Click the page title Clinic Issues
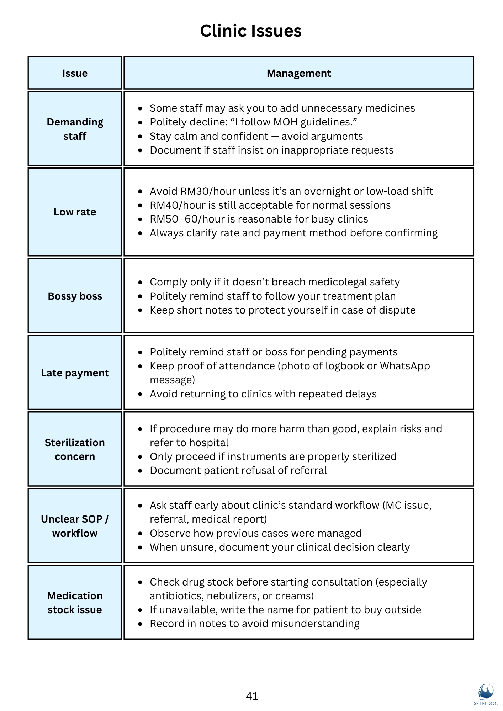[x=251, y=31]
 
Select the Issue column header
[x=75, y=73]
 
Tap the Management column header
[x=298, y=73]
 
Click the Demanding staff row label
[x=75, y=129]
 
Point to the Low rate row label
[x=75, y=212]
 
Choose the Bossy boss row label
[x=75, y=296]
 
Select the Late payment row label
[x=75, y=373]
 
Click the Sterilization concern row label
[x=75, y=449]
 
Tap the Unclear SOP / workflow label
[x=75, y=526]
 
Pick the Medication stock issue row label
[x=75, y=603]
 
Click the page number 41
[x=252, y=696]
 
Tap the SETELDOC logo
[x=486, y=694]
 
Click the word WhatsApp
[x=405, y=366]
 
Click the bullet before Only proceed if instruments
[x=140, y=457]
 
